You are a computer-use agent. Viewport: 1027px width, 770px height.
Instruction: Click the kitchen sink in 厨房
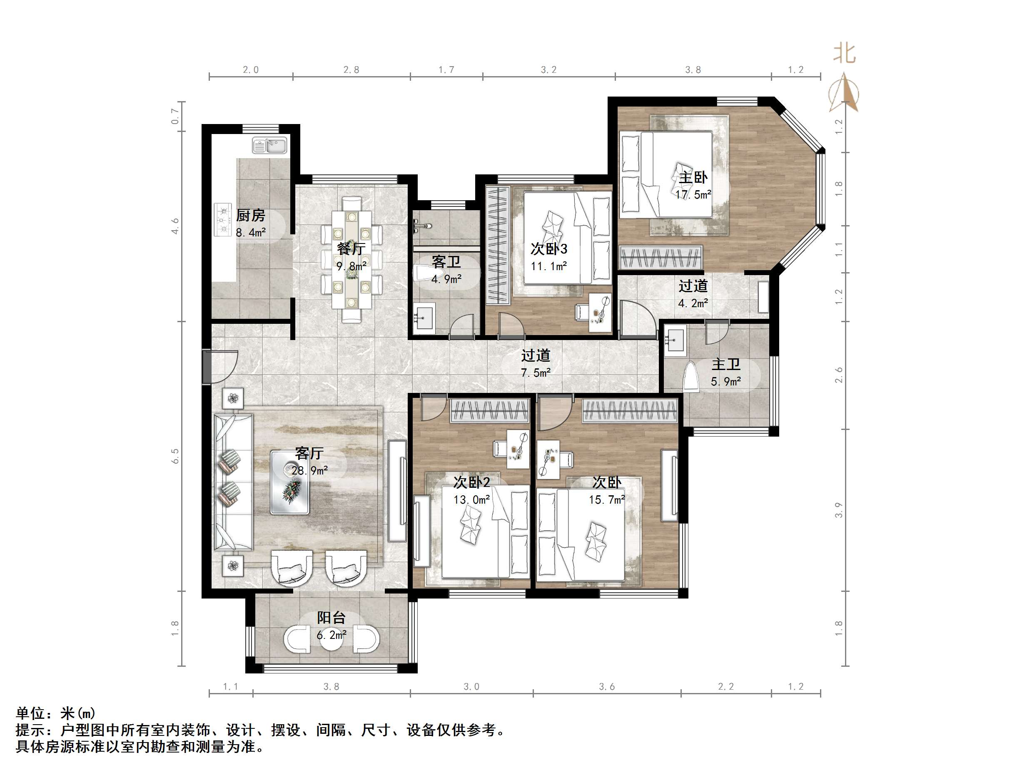tap(270, 146)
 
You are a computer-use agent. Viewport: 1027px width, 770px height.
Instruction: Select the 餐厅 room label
tap(351, 249)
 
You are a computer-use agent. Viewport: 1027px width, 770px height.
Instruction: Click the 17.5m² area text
tap(693, 194)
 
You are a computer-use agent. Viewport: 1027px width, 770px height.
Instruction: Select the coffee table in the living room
tap(290, 482)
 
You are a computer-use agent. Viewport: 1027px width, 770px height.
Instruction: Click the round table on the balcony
tap(331, 638)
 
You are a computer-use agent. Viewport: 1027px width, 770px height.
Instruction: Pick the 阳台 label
tap(331, 618)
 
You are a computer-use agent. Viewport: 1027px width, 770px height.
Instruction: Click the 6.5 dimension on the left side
tap(175, 456)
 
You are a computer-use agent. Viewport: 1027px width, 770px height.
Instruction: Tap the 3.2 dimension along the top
tap(548, 70)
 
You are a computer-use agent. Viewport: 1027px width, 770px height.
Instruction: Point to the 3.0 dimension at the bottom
tap(471, 686)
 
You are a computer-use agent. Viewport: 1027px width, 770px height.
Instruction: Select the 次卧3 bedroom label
tap(549, 249)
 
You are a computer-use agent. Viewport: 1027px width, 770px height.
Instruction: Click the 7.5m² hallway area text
tap(536, 373)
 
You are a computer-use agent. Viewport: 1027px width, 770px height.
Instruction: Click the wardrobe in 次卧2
tap(490, 411)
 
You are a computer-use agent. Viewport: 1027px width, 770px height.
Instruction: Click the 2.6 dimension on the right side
tap(838, 375)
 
